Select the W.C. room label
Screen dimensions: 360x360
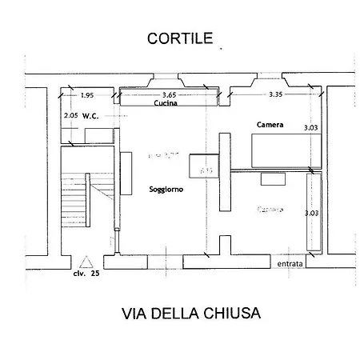[x=89, y=115]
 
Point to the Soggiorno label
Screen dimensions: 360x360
[x=166, y=190]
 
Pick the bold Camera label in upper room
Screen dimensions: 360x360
[x=270, y=125]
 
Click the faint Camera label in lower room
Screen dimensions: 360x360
[x=270, y=209]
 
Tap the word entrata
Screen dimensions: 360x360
[x=290, y=263]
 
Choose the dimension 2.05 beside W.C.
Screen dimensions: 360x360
[x=70, y=115]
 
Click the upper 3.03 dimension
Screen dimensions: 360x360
[x=310, y=127]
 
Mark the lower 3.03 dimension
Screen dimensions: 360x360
[x=310, y=213]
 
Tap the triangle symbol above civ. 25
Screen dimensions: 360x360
[x=86, y=261]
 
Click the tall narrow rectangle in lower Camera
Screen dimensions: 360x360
[x=314, y=213]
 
